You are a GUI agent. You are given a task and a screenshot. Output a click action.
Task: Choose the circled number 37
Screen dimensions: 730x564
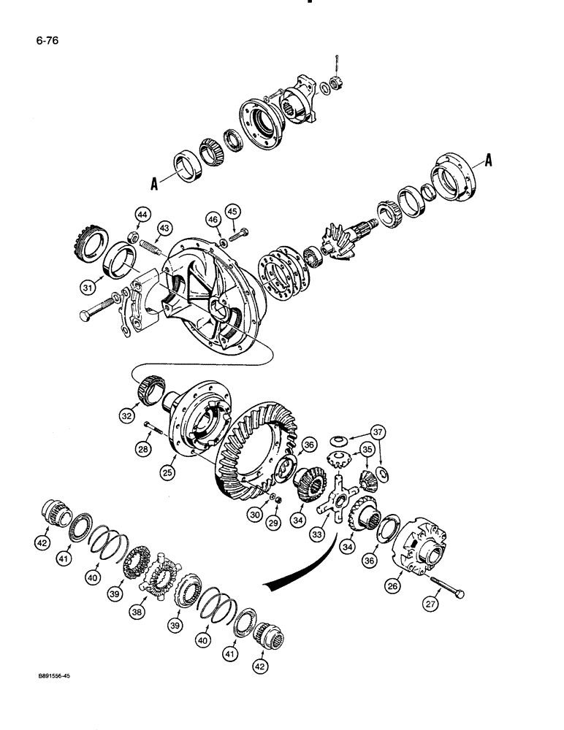[x=378, y=429]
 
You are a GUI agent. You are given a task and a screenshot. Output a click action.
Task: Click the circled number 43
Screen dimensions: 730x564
[x=163, y=228]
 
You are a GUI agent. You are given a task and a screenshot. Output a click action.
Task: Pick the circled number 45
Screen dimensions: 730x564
[x=232, y=212]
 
